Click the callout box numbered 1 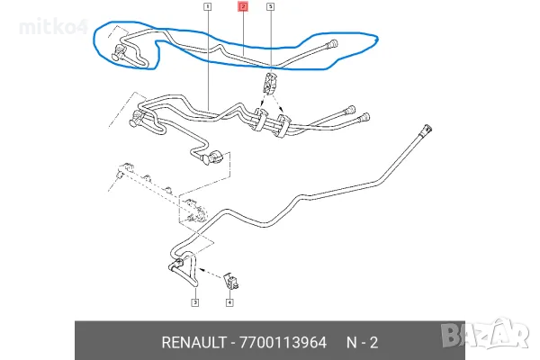click(207, 6)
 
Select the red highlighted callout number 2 click(243, 6)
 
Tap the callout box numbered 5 click(270, 6)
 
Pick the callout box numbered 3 click(195, 302)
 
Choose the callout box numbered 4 click(229, 302)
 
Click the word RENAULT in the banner click(193, 342)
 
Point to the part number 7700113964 click(283, 342)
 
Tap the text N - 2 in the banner click(362, 342)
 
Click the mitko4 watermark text click(54, 26)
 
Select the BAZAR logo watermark click(485, 334)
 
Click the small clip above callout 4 click(231, 281)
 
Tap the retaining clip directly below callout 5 click(270, 84)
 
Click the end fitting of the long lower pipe click(426, 130)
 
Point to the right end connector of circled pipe click(332, 44)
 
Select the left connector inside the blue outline click(119, 53)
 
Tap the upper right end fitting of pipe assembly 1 click(349, 109)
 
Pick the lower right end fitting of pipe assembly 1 click(364, 118)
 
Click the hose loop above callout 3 click(184, 269)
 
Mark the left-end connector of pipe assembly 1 click(136, 119)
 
